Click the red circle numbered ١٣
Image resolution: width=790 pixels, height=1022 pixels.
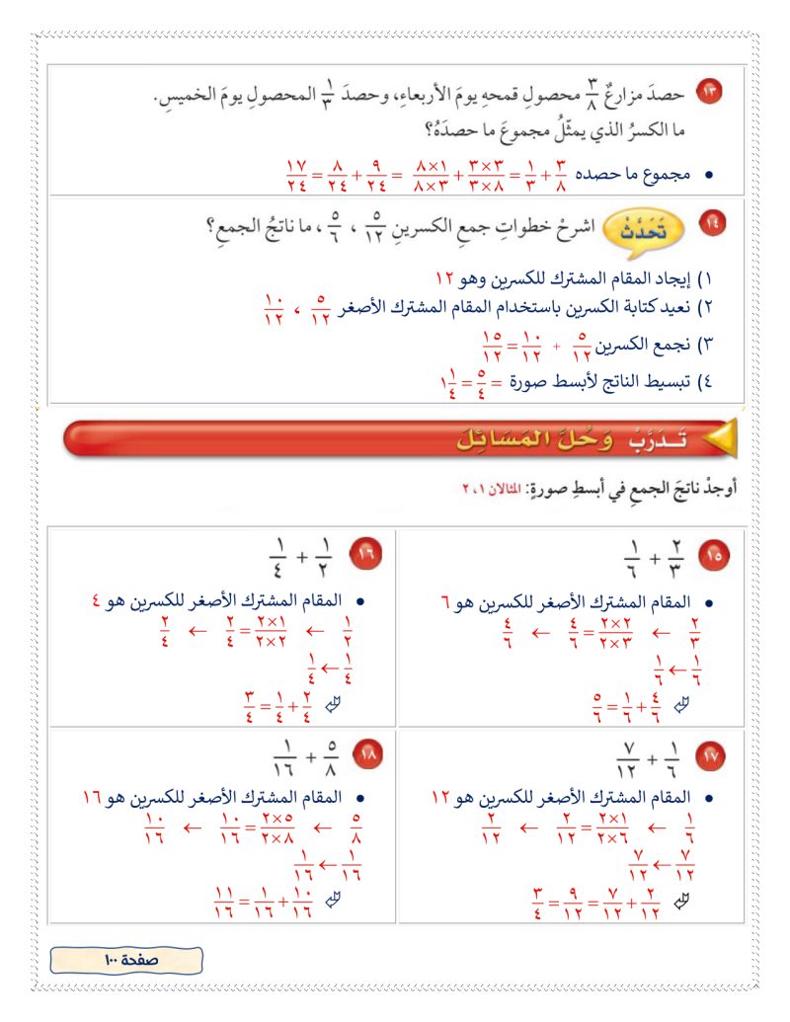(x=711, y=92)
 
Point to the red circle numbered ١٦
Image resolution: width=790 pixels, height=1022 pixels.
(x=366, y=556)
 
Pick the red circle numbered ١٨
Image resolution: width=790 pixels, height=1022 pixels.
(x=366, y=757)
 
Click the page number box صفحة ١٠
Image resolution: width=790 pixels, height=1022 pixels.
(x=126, y=959)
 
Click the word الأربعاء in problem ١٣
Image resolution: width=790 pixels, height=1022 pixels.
(x=339, y=98)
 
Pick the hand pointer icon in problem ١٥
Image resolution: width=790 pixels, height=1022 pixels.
(x=679, y=704)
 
